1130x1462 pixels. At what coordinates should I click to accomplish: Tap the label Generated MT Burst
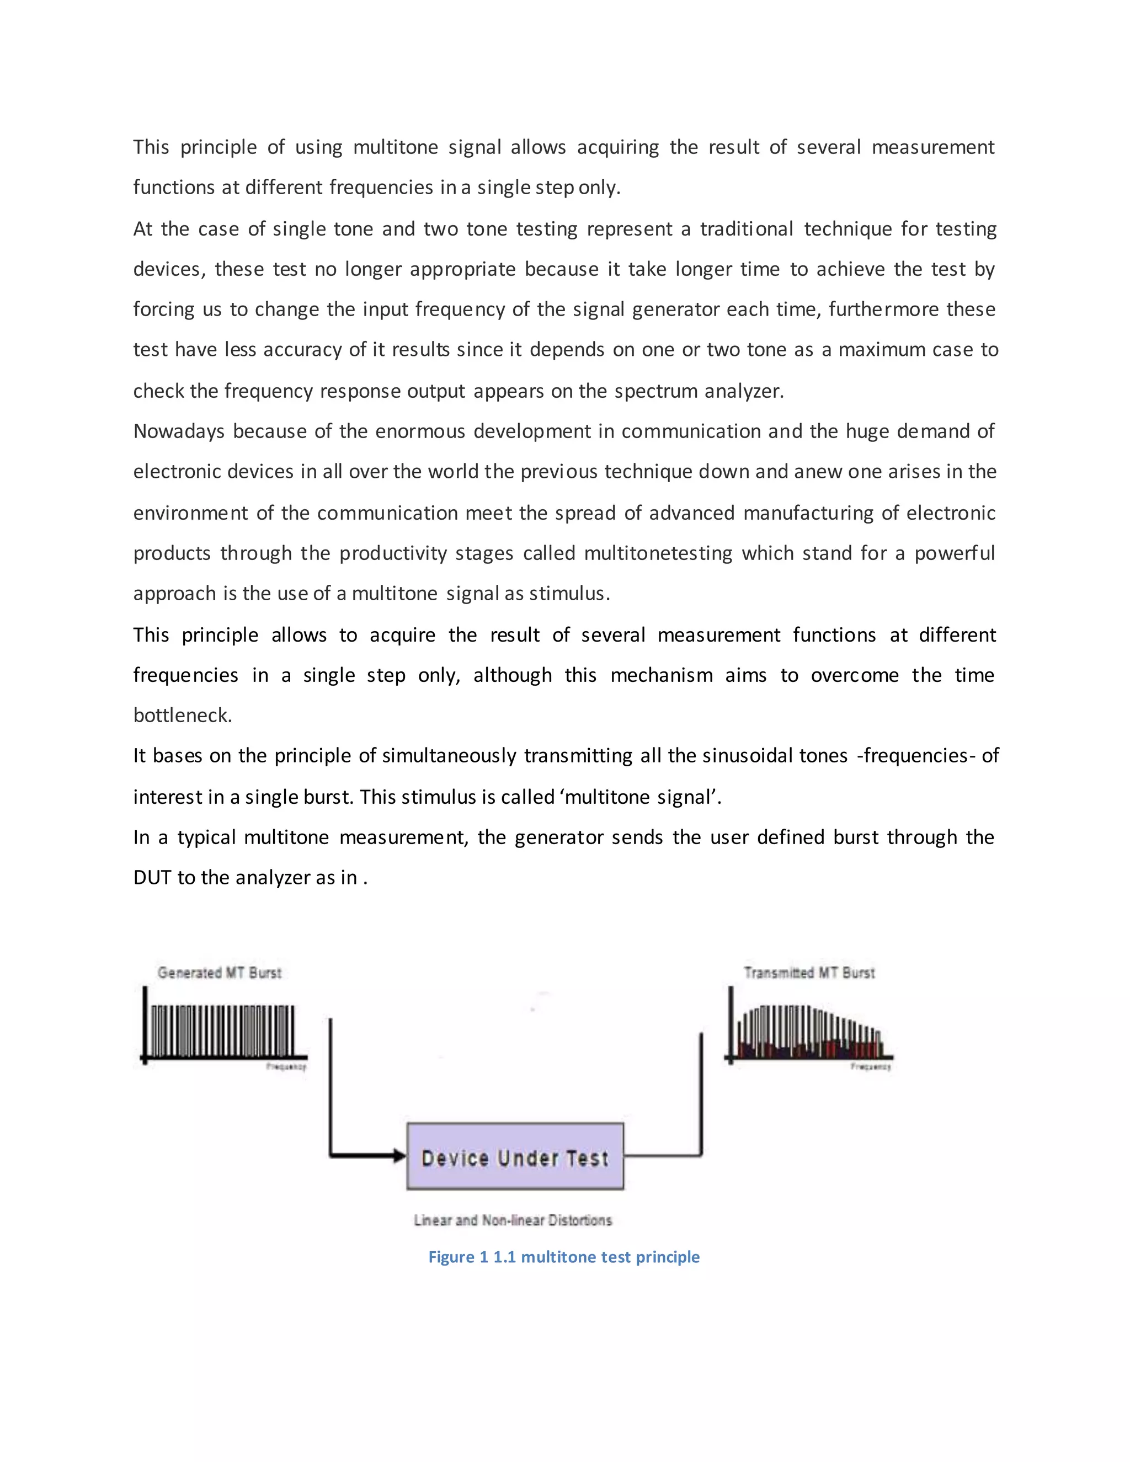point(219,973)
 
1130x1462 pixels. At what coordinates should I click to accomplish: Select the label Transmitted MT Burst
point(809,973)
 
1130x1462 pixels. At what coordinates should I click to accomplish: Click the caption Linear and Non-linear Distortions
point(513,1220)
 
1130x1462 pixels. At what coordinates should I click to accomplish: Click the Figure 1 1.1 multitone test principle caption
point(564,1257)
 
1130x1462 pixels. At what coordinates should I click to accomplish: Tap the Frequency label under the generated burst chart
point(286,1066)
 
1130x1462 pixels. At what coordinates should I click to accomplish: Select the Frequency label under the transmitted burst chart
point(870,1066)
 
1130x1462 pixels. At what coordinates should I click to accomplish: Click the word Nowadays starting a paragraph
point(179,431)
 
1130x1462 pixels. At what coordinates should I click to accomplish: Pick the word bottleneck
point(182,716)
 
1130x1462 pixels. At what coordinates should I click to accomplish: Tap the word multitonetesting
point(658,553)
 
